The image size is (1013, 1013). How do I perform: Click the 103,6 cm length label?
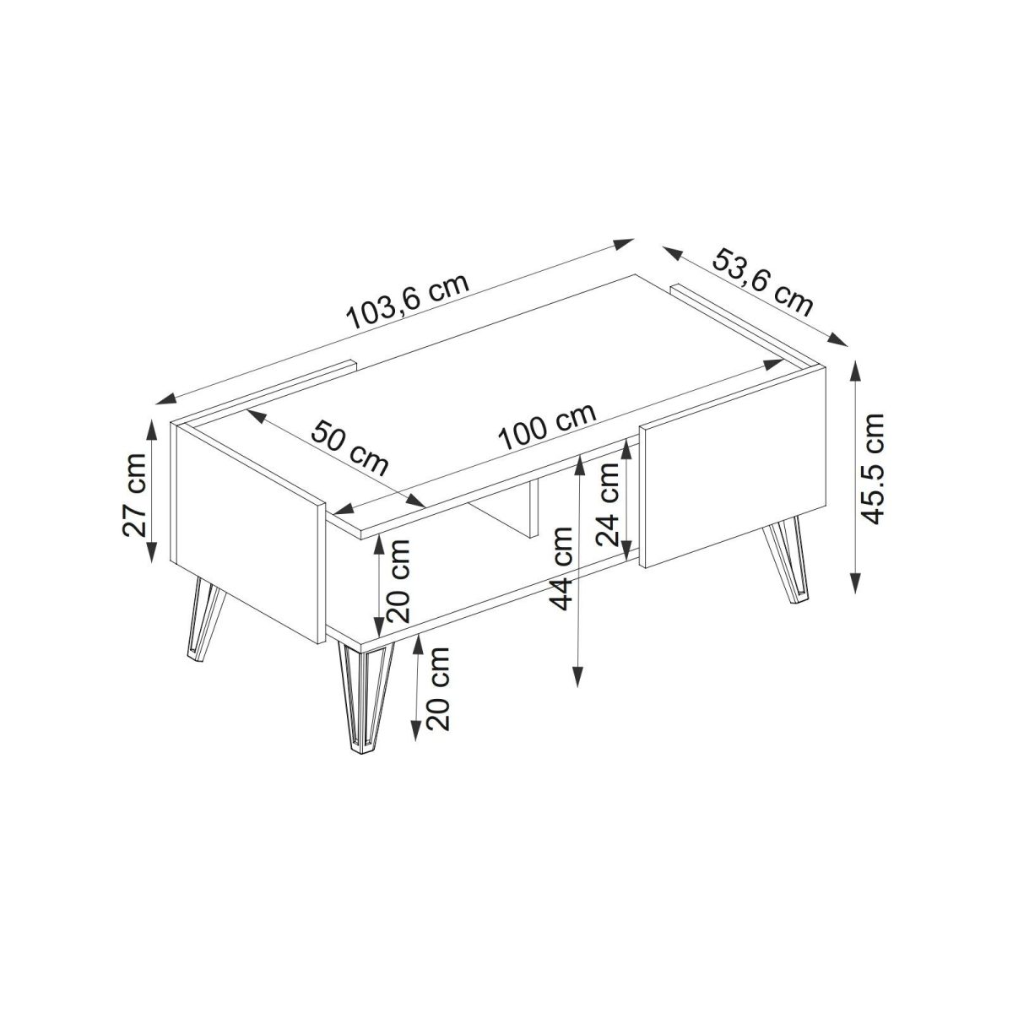point(408,301)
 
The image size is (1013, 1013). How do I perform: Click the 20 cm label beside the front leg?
point(438,689)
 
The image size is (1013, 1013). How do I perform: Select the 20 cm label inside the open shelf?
point(397,580)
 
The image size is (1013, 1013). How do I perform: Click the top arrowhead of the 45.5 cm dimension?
point(856,371)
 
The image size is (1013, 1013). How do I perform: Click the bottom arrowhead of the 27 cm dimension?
point(151,551)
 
